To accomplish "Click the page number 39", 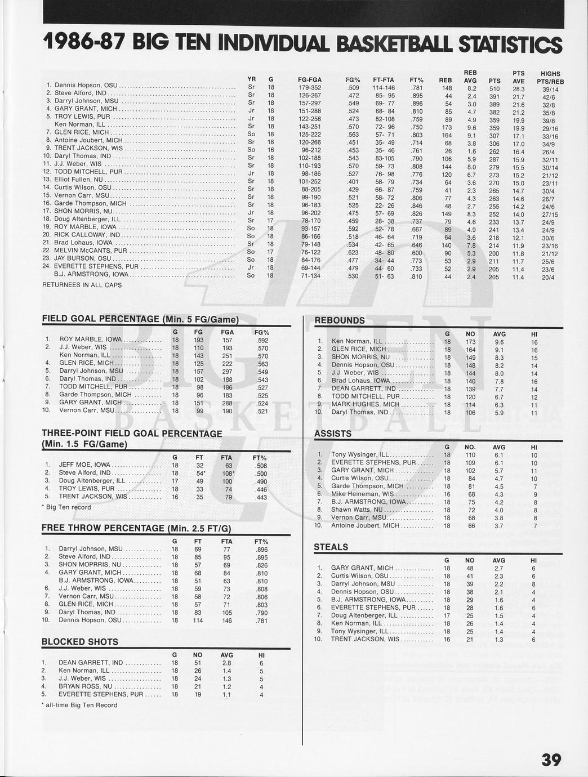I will [551, 760].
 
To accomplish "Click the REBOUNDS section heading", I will [340, 320].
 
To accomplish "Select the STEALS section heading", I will [331, 547].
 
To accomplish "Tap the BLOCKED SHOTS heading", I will [80, 642].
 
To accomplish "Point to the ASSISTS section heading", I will [333, 434].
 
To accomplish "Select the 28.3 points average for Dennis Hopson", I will [519, 89].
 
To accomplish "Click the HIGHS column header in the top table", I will [550, 74].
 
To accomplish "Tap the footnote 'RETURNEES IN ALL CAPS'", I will [82, 285].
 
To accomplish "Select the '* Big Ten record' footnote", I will [66, 507].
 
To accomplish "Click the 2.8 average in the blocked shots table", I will [226, 663].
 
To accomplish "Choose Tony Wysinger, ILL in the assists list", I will [359, 454].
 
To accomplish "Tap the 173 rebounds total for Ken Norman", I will [471, 342].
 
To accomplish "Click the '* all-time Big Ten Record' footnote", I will [79, 705].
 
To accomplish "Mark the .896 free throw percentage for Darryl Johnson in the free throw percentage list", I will [261, 549].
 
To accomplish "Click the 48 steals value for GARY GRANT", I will [470, 568].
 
